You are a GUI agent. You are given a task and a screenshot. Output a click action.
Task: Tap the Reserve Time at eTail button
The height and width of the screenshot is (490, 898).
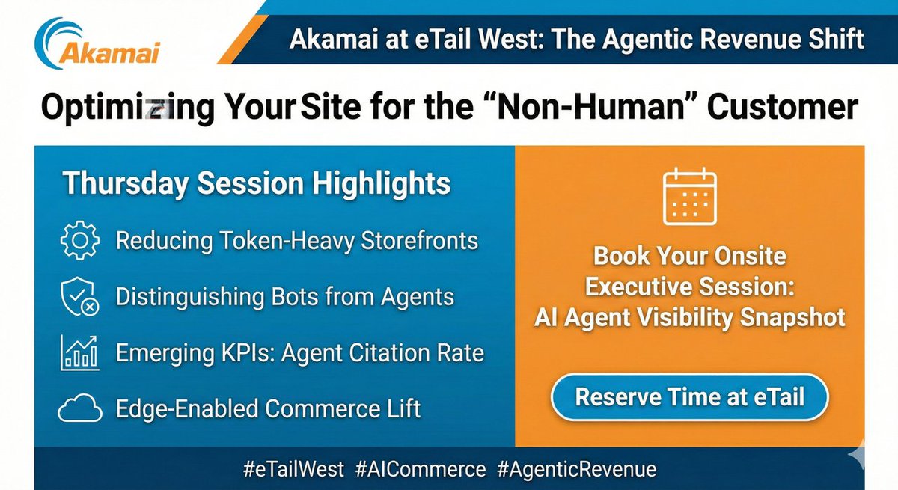(x=689, y=396)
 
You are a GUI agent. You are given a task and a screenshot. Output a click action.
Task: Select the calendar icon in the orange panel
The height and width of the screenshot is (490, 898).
(x=690, y=197)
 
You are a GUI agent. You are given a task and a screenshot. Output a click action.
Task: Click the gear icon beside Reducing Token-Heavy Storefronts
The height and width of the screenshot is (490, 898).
(x=79, y=242)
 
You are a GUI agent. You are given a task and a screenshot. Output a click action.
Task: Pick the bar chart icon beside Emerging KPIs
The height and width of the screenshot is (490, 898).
(x=79, y=353)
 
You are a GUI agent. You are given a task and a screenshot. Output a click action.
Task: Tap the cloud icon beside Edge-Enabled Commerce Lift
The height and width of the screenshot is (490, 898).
(x=79, y=408)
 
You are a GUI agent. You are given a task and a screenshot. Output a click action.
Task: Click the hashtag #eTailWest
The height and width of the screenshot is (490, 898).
(x=293, y=469)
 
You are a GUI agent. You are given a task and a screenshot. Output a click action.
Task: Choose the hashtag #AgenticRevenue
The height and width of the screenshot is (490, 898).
(x=576, y=469)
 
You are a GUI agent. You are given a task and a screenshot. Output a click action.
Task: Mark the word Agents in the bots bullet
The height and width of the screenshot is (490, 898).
(x=418, y=297)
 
